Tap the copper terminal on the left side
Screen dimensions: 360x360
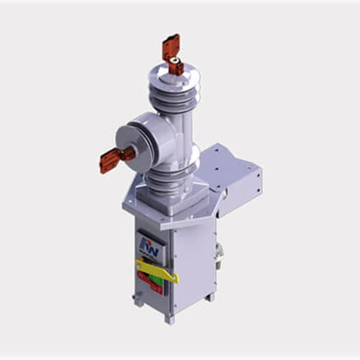point(112,160)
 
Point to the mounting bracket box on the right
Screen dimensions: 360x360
point(237,180)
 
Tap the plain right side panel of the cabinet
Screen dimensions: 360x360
point(192,264)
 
